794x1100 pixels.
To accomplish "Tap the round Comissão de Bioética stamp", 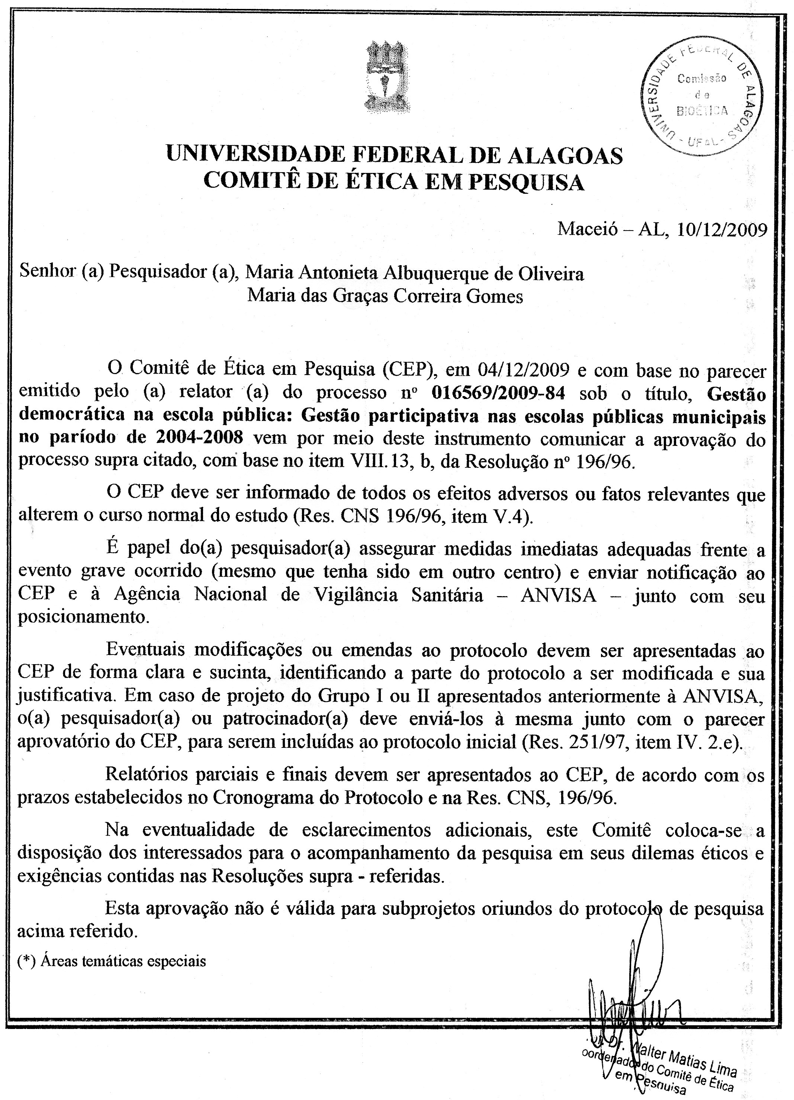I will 701,95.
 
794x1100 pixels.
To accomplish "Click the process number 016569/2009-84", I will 498,393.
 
